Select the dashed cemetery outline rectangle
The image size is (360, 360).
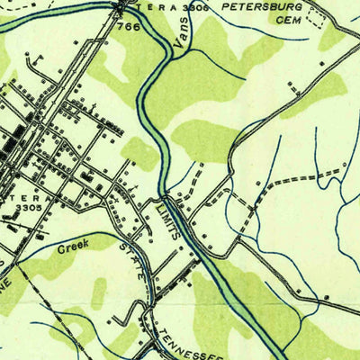coord(314,17)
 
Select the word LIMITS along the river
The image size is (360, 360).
coord(170,220)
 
